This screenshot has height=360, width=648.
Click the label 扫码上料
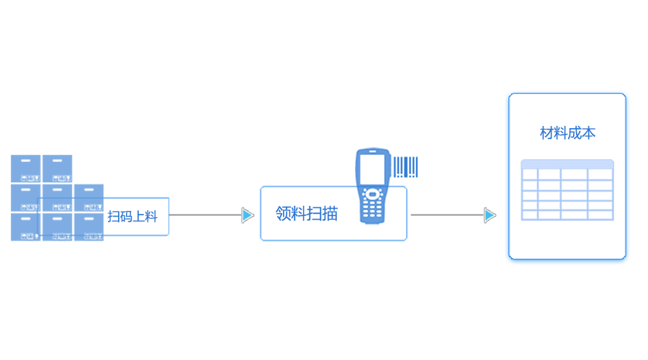pos(132,216)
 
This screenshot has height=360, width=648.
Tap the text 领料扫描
pos(306,214)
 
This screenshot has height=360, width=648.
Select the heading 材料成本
pos(567,133)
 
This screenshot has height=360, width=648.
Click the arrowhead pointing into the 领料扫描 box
pos(247,215)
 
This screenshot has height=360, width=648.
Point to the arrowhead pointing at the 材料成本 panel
pos(490,215)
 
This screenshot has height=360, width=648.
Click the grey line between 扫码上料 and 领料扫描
pos(205,215)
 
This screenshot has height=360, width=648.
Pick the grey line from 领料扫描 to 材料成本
pos(446,215)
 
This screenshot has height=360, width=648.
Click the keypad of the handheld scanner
pos(372,207)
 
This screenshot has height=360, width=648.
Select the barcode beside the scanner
pos(405,167)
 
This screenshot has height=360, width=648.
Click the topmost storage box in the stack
pos(42,168)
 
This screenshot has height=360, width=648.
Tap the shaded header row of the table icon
pos(567,164)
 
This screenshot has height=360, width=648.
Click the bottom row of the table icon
pos(567,215)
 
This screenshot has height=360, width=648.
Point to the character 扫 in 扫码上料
pos(114,216)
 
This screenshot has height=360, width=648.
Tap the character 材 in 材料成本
pos(546,133)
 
